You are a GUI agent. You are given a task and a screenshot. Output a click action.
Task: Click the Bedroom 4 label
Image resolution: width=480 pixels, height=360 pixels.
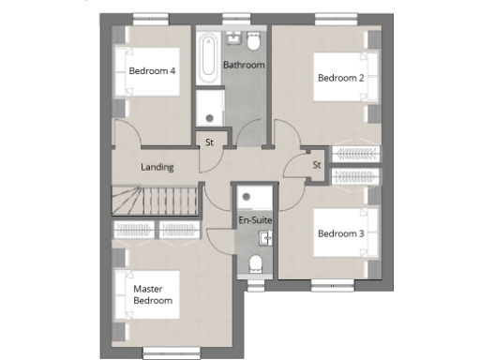pyautogui.click(x=153, y=71)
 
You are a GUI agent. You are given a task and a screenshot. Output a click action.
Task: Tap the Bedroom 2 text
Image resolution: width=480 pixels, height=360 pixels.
pyautogui.click(x=340, y=78)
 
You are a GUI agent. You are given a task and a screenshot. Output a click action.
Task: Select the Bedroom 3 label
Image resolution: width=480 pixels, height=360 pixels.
pyautogui.click(x=340, y=233)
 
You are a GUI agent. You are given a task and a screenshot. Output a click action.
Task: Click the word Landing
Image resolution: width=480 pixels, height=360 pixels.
pyautogui.click(x=157, y=167)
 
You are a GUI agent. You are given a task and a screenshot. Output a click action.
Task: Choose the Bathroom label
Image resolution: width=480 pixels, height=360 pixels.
pyautogui.click(x=244, y=65)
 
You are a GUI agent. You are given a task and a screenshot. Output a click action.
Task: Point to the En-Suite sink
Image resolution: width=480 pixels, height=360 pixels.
pyautogui.click(x=265, y=238)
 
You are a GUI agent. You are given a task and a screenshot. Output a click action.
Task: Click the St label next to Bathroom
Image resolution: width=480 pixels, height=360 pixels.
pyautogui.click(x=210, y=142)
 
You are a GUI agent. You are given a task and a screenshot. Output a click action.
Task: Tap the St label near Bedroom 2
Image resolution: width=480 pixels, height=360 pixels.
pyautogui.click(x=317, y=165)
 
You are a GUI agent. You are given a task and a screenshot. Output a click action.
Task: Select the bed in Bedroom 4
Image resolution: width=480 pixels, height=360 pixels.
pyautogui.click(x=123, y=71)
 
